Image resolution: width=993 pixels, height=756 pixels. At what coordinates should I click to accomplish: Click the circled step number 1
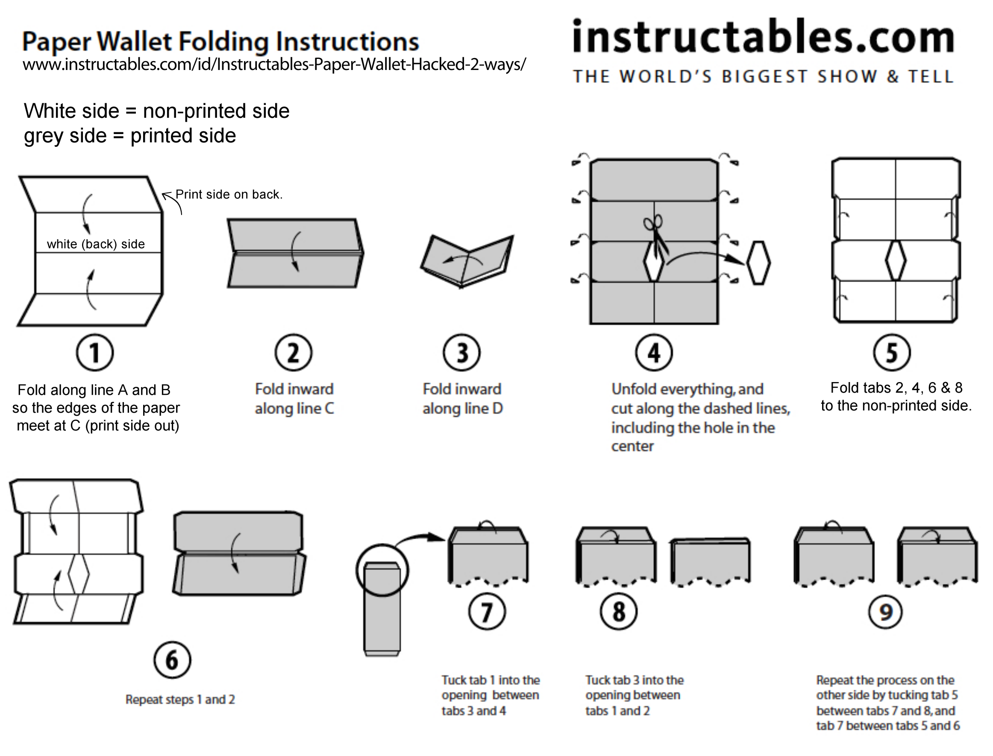94,353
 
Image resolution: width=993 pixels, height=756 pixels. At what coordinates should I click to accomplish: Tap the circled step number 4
654,353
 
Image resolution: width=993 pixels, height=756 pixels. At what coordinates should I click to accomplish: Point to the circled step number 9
885,612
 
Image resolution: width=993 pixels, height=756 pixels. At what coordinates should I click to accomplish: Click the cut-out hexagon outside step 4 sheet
758,263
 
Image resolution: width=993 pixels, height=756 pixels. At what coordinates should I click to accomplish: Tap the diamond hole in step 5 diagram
895,261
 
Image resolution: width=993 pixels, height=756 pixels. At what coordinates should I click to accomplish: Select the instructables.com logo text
763,37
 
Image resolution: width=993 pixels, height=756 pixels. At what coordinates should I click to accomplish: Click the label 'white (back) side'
95,244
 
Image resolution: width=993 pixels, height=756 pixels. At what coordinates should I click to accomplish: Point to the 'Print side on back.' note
229,194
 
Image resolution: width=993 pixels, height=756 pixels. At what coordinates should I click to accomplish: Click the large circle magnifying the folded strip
382,570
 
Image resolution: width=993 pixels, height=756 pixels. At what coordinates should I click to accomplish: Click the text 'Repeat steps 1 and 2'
180,699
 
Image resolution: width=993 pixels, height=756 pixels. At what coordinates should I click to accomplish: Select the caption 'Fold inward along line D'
462,399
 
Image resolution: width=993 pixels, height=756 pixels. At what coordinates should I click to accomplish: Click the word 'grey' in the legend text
43,136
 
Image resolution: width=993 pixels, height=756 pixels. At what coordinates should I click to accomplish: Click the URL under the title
274,64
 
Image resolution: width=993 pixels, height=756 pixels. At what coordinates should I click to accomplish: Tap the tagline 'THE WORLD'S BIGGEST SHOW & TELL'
763,76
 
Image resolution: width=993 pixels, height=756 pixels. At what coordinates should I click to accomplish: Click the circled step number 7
487,612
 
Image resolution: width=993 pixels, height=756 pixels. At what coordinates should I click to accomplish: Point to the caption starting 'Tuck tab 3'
634,695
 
